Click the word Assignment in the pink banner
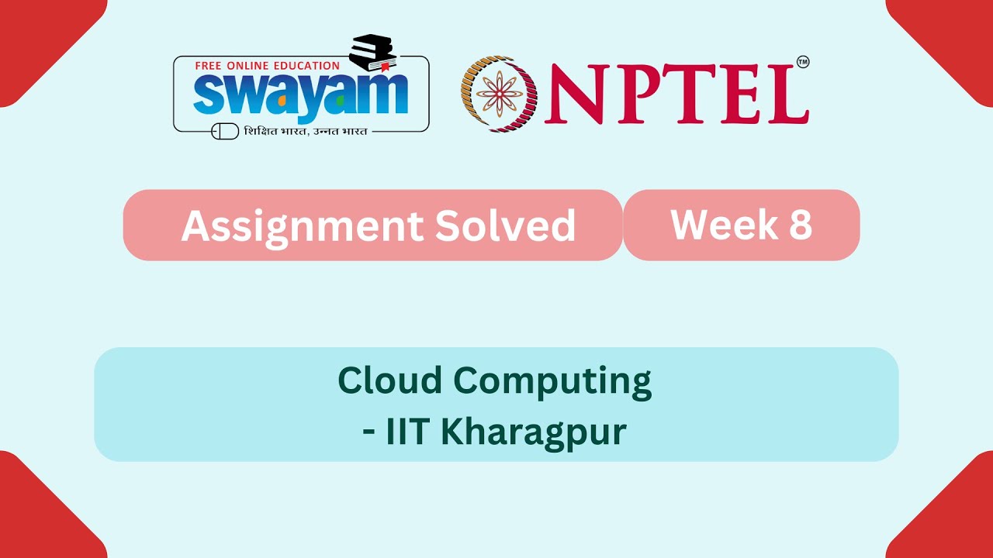(301, 226)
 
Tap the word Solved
(505, 226)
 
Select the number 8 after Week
(801, 224)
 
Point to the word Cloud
(389, 381)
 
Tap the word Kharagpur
(533, 432)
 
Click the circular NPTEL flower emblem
(499, 94)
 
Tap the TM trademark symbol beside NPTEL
(803, 62)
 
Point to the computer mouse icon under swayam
(225, 132)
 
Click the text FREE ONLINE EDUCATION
(267, 66)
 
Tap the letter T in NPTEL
(689, 95)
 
